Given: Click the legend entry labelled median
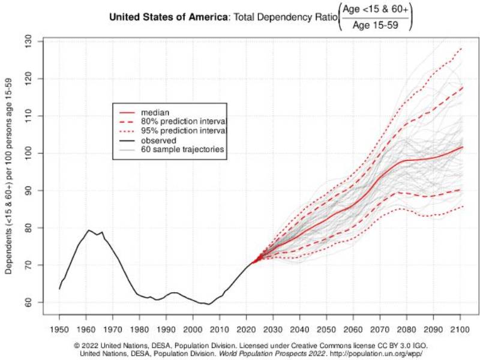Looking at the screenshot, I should pos(154,112).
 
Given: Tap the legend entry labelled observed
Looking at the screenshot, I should pos(158,140).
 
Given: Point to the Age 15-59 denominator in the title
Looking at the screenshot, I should pos(375,25).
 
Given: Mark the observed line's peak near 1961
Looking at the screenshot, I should pos(88,230).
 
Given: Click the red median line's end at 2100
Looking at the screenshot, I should pos(461,146).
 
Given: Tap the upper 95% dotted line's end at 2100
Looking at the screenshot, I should pos(461,48).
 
